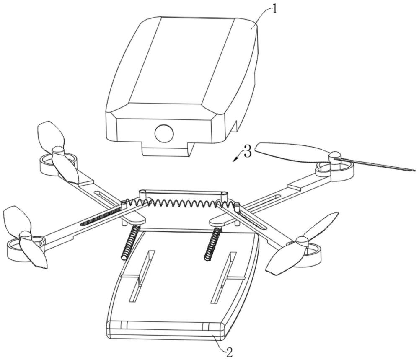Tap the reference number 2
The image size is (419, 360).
point(229,352)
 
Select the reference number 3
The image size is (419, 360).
point(248,152)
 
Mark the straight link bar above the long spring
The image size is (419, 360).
point(184,192)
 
